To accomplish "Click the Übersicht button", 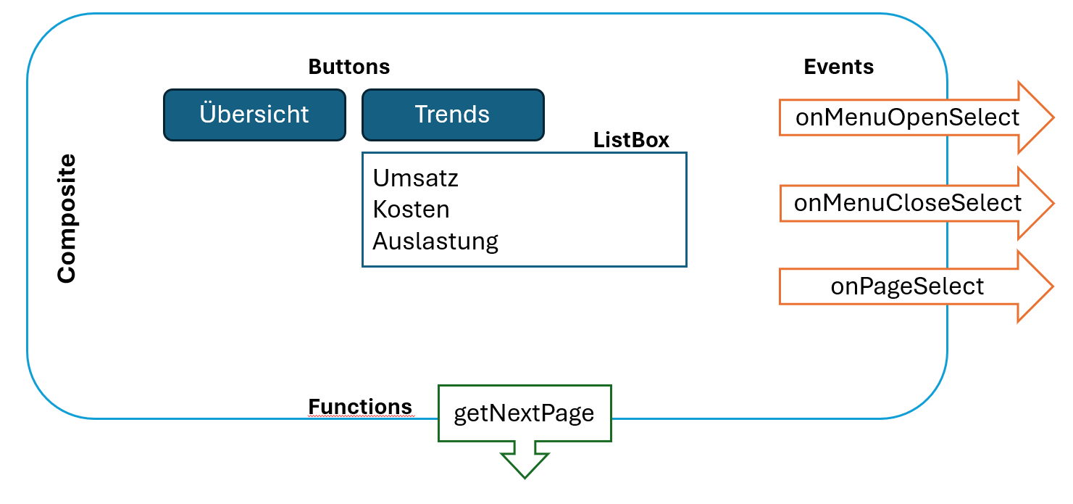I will [254, 115].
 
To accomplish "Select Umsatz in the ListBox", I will [415, 178].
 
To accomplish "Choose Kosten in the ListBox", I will [411, 210].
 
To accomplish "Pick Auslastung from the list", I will [435, 241].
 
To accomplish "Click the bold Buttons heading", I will [348, 67].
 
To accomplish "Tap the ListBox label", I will [631, 141].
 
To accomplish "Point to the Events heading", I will [838, 67].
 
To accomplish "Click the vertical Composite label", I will [67, 218].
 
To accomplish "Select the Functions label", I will [360, 407].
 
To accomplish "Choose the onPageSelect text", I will [907, 286].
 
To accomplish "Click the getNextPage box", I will [524, 413].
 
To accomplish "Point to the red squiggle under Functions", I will [360, 418].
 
